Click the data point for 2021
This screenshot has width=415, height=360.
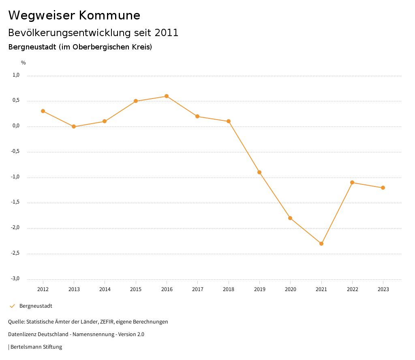321,244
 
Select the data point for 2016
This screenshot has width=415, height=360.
167,96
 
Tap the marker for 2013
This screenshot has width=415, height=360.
74,126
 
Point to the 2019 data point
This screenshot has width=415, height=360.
259,172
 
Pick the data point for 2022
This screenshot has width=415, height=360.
352,182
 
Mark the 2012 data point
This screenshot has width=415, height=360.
43,111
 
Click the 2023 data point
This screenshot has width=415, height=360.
383,188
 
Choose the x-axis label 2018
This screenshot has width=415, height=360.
229,289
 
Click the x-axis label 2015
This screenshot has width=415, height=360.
136,289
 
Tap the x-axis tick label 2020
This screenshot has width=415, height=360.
291,289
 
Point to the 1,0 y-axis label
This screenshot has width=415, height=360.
16,75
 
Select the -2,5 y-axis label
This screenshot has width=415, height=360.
15,253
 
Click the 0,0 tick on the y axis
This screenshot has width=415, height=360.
16,126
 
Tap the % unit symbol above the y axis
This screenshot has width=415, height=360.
24,63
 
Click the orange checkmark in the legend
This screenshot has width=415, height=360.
12,306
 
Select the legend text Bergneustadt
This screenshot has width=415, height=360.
36,306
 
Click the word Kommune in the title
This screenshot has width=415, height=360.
109,15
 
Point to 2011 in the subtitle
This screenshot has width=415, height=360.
167,33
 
